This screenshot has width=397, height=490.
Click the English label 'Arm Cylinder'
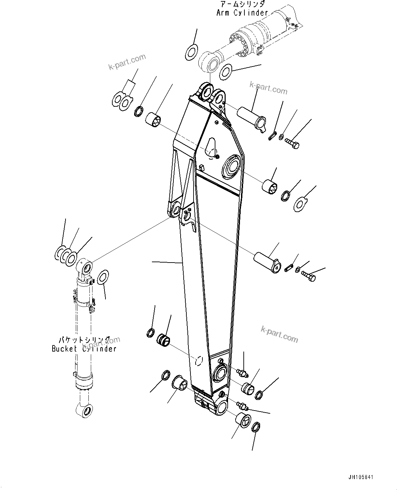(x=242, y=13)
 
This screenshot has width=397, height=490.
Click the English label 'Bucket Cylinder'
(x=84, y=348)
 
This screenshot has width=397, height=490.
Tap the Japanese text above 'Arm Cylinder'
(x=242, y=4)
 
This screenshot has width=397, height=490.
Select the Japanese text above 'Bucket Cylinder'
(x=84, y=340)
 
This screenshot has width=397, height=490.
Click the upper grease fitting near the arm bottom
(x=242, y=373)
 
